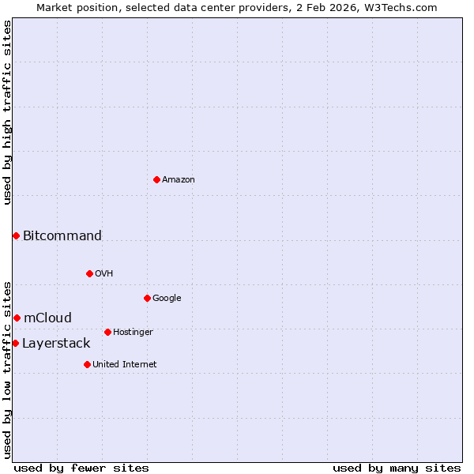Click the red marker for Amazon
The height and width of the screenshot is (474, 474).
(x=156, y=179)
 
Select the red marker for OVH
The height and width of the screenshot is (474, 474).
(x=89, y=273)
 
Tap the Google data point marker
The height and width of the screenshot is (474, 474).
(x=147, y=298)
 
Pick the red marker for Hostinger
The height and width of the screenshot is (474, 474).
(x=107, y=332)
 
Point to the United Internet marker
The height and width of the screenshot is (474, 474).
(x=87, y=364)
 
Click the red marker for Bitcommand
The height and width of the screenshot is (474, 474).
(x=16, y=235)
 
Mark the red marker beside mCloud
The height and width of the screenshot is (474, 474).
(x=17, y=318)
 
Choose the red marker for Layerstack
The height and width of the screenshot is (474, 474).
(x=15, y=343)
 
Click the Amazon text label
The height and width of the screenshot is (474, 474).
(x=179, y=180)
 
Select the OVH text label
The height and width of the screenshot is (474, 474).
(x=104, y=274)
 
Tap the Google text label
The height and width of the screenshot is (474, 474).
(x=167, y=299)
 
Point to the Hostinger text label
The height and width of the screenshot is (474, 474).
(x=133, y=333)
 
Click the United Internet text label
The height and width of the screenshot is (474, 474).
(x=125, y=365)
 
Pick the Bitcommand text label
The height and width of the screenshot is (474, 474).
(x=62, y=235)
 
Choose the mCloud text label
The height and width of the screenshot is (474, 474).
(x=47, y=318)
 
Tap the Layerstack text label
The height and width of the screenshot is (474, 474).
(x=56, y=343)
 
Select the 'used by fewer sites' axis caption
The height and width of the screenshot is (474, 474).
(x=81, y=468)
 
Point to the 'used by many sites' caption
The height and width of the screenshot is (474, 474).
(x=397, y=468)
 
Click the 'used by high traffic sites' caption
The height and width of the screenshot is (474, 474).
(x=7, y=112)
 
